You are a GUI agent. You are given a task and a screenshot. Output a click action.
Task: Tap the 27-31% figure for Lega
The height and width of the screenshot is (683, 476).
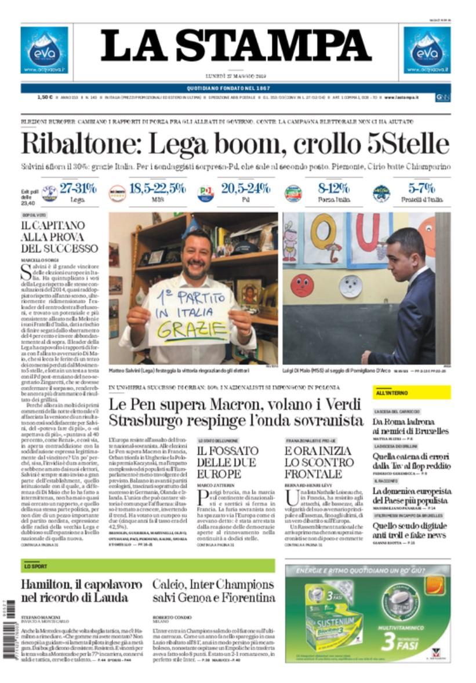(78, 188)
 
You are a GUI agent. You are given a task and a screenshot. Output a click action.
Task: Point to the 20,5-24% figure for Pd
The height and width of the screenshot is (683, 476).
(245, 188)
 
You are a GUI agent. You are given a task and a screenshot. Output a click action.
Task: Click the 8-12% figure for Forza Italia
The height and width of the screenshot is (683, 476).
(333, 188)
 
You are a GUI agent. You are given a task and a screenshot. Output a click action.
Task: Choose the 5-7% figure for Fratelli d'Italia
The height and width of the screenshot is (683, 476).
(422, 188)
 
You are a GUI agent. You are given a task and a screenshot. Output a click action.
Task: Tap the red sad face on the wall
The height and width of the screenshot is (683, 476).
(302, 285)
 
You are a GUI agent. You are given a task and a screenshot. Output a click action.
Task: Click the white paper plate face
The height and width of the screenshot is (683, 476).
(350, 286)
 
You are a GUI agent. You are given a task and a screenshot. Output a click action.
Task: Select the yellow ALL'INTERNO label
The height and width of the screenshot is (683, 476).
(411, 393)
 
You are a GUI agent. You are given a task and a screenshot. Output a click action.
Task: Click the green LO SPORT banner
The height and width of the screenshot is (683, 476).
(148, 565)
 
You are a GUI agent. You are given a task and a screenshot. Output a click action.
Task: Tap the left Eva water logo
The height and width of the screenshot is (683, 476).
(44, 50)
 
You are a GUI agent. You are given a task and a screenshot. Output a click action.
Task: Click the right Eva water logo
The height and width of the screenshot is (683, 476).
(427, 50)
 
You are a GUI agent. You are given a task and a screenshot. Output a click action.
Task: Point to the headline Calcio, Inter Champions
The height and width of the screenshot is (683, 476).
(213, 583)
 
